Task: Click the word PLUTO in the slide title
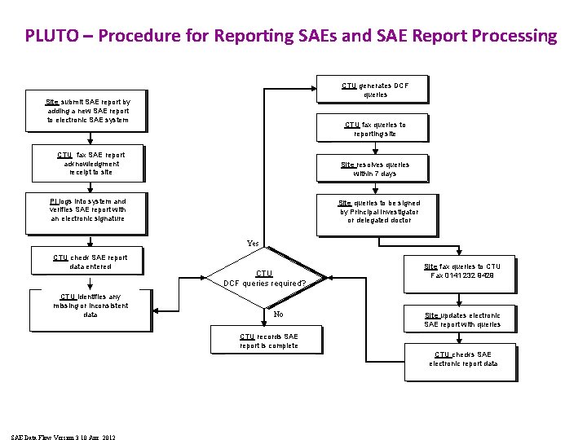pyautogui.click(x=51, y=36)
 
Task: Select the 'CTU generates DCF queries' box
pyautogui.click(x=375, y=90)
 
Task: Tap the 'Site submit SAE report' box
pyautogui.click(x=88, y=111)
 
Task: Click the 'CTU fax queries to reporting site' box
pyautogui.click(x=375, y=129)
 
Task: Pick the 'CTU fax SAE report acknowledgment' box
pyautogui.click(x=91, y=163)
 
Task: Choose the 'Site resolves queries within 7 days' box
pyautogui.click(x=375, y=169)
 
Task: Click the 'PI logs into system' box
pyautogui.click(x=88, y=209)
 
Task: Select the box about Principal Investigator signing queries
pyautogui.click(x=378, y=212)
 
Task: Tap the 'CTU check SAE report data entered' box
pyautogui.click(x=90, y=262)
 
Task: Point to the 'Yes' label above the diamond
pyautogui.click(x=253, y=243)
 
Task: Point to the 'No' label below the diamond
pyautogui.click(x=278, y=314)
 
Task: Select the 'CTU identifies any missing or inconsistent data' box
pyautogui.click(x=90, y=306)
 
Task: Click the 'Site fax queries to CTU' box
pyautogui.click(x=462, y=271)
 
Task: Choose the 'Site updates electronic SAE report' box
pyautogui.click(x=462, y=319)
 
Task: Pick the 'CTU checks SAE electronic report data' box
pyautogui.click(x=462, y=359)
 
